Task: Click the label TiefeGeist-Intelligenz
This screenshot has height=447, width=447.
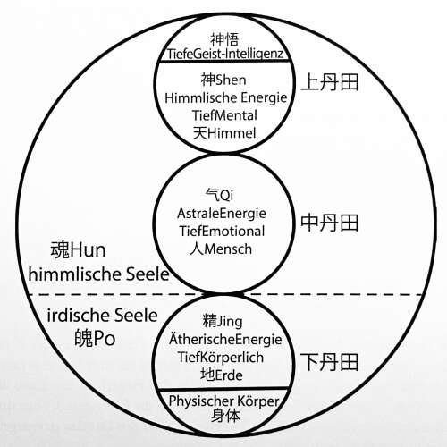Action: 225,54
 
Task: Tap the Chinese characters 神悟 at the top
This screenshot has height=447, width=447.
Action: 224,39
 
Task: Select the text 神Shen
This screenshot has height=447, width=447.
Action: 223,80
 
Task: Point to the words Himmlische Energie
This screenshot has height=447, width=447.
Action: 225,97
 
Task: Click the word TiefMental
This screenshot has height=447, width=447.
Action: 224,115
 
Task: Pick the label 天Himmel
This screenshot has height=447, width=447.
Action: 224,133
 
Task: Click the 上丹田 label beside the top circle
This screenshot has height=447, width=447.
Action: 329,82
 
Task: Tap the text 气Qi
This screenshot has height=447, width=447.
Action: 220,195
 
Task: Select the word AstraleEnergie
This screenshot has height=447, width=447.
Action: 222,214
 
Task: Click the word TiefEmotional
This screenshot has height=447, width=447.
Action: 222,232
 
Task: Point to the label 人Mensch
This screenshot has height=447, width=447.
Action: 221,249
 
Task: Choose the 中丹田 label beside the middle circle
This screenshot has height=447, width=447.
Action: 329,223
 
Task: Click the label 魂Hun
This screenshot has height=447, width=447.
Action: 78,249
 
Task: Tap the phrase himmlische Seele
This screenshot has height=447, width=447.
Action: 98,274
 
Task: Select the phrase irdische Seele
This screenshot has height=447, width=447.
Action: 102,316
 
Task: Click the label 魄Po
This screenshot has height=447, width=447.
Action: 95,338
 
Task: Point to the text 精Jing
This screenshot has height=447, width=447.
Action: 223,322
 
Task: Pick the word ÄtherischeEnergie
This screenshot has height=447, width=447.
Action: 225,339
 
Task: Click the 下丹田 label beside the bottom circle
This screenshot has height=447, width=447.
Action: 329,362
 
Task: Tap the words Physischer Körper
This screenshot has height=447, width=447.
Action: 223,401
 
